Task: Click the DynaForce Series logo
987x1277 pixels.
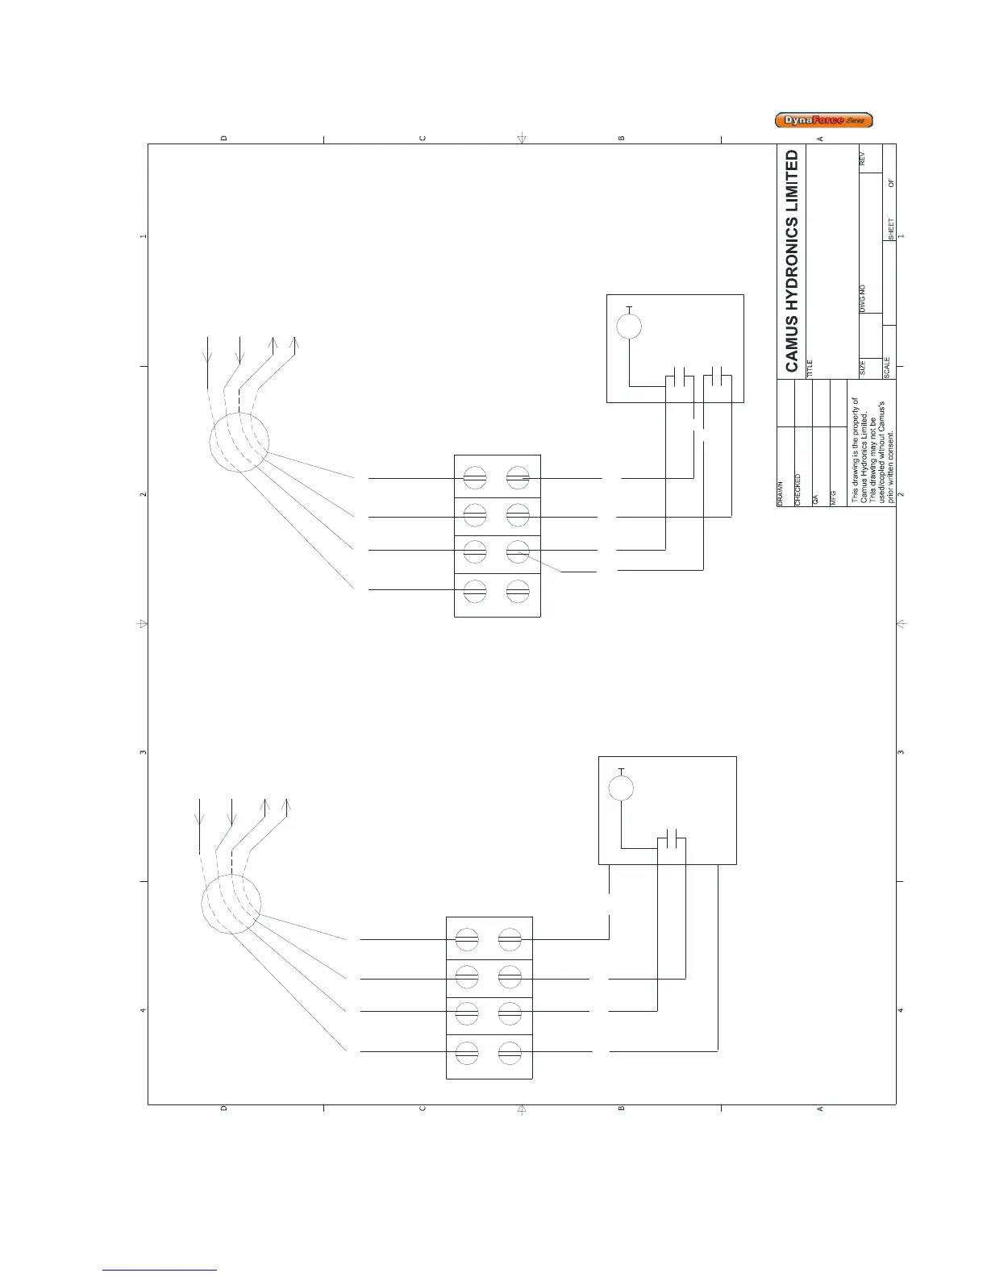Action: click(x=823, y=121)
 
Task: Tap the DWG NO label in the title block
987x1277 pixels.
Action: click(x=862, y=298)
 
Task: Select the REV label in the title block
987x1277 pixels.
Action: click(x=862, y=159)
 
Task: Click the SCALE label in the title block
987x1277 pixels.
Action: click(x=888, y=368)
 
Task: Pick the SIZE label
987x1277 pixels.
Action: click(x=862, y=368)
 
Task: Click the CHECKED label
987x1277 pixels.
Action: click(x=798, y=489)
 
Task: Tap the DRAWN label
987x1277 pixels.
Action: click(x=781, y=494)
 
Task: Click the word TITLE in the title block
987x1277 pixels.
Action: click(x=810, y=368)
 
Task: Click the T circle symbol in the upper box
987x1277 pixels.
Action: click(x=629, y=327)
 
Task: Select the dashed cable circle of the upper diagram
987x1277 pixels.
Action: click(x=239, y=442)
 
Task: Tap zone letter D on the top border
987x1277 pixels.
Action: click(x=224, y=138)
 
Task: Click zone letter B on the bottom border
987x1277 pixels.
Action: click(x=622, y=1109)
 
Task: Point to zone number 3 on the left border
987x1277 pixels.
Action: click(x=143, y=752)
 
